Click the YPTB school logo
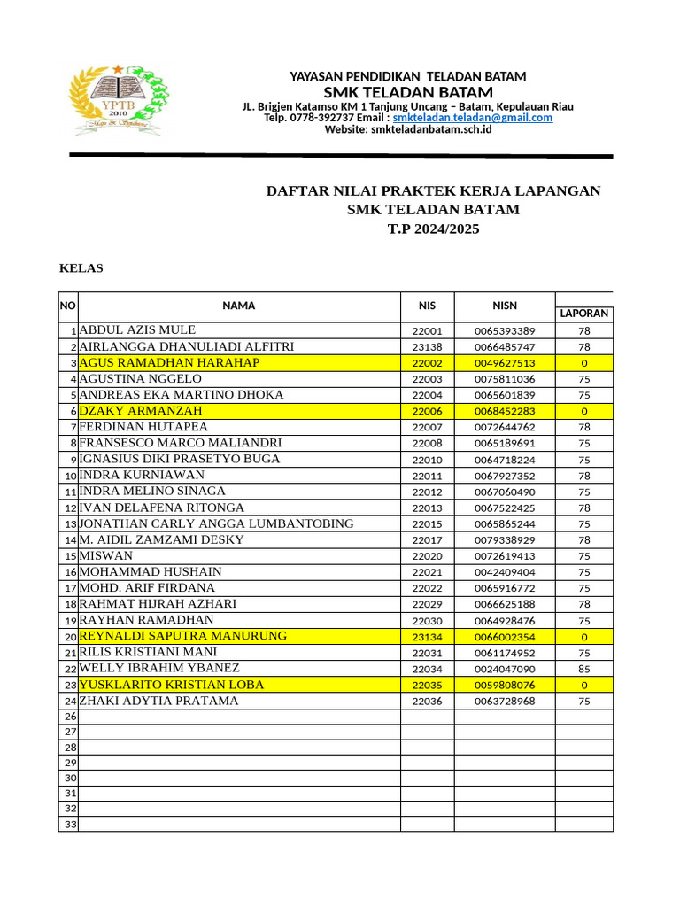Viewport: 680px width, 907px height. pyautogui.click(x=117, y=101)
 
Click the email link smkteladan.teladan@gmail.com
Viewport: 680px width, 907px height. pyautogui.click(x=473, y=118)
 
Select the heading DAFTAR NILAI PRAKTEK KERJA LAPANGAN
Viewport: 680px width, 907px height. pyautogui.click(x=434, y=191)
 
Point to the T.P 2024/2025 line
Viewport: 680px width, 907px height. pyautogui.click(x=433, y=229)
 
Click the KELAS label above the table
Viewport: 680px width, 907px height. pyautogui.click(x=81, y=268)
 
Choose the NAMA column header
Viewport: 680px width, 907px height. pyautogui.click(x=239, y=306)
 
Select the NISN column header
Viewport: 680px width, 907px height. pyautogui.click(x=505, y=306)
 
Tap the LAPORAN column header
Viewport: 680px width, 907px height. pyautogui.click(x=583, y=314)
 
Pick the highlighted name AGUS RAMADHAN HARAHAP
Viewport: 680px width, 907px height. pyautogui.click(x=169, y=363)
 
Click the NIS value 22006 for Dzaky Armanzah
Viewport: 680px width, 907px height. pyautogui.click(x=427, y=411)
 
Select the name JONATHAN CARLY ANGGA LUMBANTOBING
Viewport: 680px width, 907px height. pyautogui.click(x=217, y=523)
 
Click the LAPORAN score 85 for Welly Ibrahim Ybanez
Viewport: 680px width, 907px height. pyautogui.click(x=583, y=669)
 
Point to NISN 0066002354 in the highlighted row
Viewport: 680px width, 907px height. pyautogui.click(x=505, y=637)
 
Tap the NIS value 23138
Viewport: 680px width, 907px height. pyautogui.click(x=427, y=347)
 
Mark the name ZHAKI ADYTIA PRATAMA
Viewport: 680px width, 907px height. pyautogui.click(x=158, y=701)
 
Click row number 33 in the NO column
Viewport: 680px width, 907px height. pyautogui.click(x=69, y=824)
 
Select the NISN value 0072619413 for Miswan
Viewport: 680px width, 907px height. pyautogui.click(x=505, y=556)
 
